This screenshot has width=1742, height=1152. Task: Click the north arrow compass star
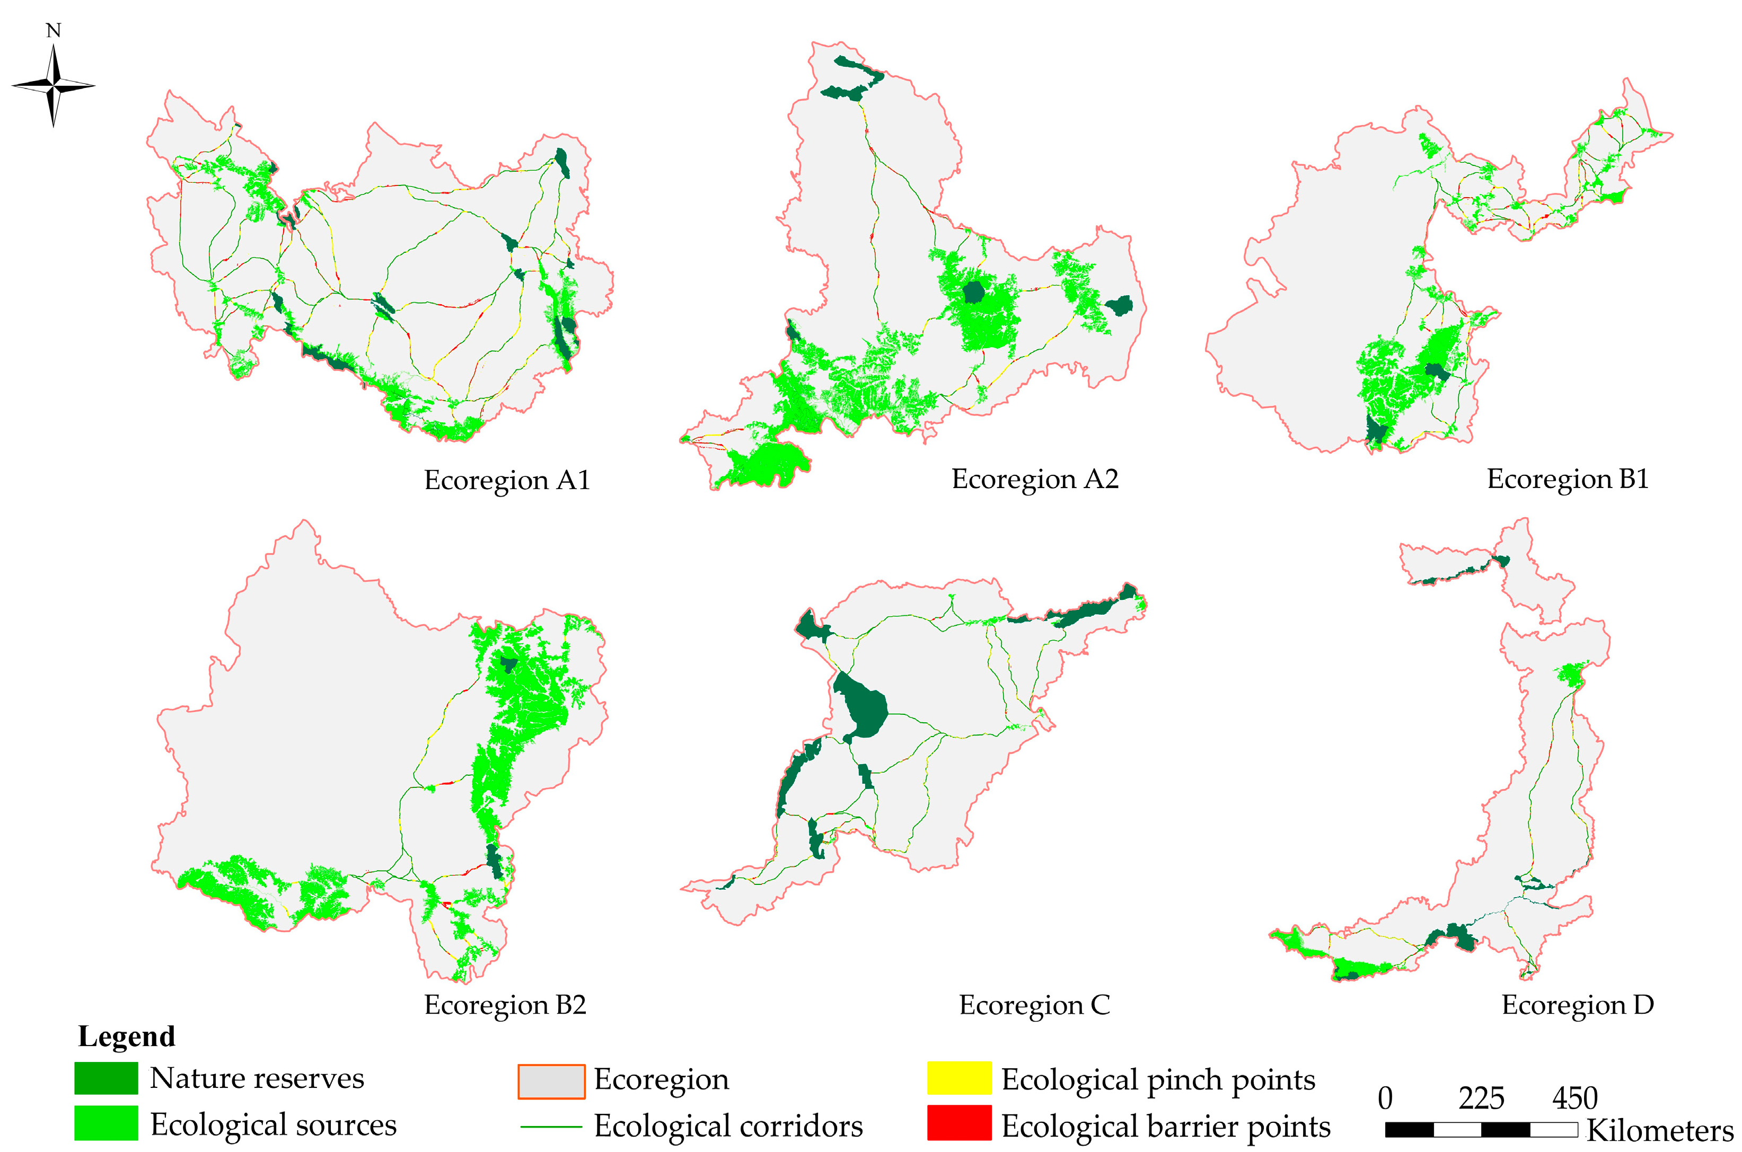[53, 86]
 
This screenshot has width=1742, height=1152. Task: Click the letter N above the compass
[53, 30]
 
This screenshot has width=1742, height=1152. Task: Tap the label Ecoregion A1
[507, 480]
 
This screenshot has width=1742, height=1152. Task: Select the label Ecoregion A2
[1035, 478]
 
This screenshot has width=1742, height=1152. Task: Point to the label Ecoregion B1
[1567, 478]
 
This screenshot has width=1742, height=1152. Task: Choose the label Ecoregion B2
[505, 1004]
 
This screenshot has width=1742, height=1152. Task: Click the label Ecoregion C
[1034, 1004]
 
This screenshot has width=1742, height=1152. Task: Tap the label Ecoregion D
[1577, 1004]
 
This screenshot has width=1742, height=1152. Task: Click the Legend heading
[126, 1036]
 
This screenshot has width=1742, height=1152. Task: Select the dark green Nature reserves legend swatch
[106, 1078]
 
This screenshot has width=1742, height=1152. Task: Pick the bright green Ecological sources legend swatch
[106, 1123]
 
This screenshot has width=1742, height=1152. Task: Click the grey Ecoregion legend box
[551, 1082]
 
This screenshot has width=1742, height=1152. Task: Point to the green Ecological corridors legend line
[551, 1126]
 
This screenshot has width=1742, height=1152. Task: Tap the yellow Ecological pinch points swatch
[958, 1078]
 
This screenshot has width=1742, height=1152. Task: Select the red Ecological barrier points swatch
[958, 1123]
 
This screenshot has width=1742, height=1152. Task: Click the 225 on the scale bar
[1481, 1099]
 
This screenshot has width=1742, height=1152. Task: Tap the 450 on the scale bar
[1574, 1099]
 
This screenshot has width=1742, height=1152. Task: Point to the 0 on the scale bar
[1385, 1099]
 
